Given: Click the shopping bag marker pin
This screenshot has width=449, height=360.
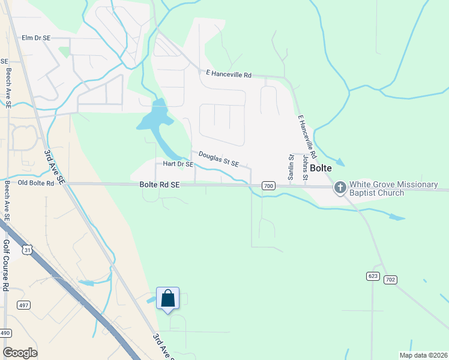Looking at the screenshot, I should (167, 298).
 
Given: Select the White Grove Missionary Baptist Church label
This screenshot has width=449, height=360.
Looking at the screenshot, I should (394, 188).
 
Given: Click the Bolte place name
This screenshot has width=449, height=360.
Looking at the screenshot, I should (321, 169).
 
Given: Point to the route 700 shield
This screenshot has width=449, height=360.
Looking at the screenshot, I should (268, 187).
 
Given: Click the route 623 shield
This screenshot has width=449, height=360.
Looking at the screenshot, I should (372, 276).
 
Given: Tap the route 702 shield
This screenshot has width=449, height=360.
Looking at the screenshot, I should (390, 280).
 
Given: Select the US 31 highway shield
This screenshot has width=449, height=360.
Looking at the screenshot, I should (26, 249).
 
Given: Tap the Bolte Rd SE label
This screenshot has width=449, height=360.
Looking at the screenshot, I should (160, 185).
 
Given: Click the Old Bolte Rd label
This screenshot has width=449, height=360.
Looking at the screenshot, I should (36, 183).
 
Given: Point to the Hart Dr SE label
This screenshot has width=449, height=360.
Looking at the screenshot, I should (175, 164).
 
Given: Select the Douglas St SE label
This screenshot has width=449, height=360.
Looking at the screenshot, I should (218, 159).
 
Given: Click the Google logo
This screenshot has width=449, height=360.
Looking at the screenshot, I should (20, 353).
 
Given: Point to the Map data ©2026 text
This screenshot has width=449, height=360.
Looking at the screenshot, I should (423, 355).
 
